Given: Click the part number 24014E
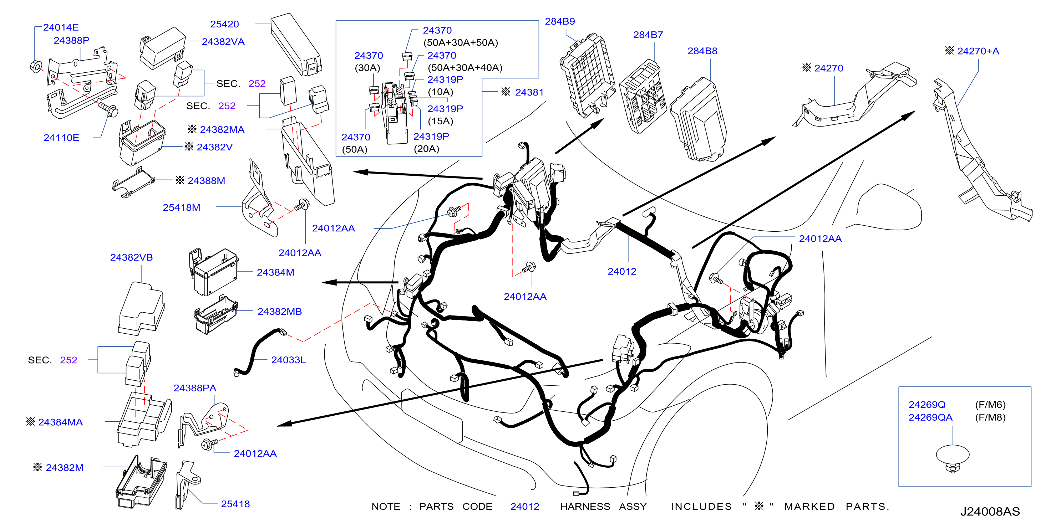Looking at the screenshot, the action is tap(61, 27).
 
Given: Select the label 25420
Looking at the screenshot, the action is tap(224, 24).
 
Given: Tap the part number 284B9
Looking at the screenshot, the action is tap(560, 21).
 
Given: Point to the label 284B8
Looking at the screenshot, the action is tap(702, 51).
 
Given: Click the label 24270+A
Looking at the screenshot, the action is tap(978, 51).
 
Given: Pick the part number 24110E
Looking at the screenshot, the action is tap(61, 138).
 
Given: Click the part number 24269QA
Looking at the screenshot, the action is tap(930, 417).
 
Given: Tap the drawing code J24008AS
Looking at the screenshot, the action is tap(990, 511).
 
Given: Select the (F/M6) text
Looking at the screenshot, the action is tap(990, 405).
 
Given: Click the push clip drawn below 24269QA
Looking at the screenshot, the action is tap(953, 458).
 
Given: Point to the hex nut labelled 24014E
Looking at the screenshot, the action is tap(36, 66).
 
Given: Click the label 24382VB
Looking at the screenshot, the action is tap(131, 257).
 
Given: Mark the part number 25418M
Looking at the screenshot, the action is tap(182, 207).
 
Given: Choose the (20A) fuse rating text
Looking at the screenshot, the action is tap(426, 149).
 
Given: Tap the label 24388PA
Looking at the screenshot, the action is tap(195, 388).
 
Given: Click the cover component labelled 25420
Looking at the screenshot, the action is tap(296, 44).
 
